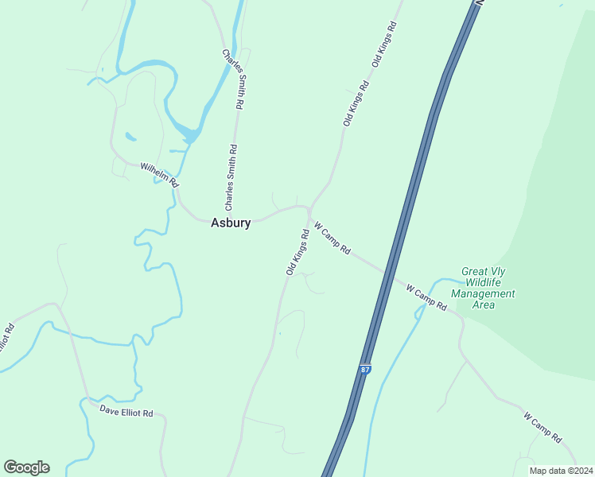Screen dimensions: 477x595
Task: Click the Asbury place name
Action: coord(231,223)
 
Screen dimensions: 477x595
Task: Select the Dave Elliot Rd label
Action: coord(131,412)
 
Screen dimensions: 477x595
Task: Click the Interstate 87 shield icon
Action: coord(364,370)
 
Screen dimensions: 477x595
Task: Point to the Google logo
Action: coord(26,467)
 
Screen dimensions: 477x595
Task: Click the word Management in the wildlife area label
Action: coord(483,293)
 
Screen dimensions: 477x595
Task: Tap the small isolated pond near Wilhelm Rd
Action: coord(130,136)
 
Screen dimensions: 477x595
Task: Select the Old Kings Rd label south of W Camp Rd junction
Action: coord(297,253)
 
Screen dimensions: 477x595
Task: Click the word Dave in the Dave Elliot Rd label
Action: coord(110,409)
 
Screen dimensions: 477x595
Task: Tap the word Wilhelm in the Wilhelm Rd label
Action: coord(152,171)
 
